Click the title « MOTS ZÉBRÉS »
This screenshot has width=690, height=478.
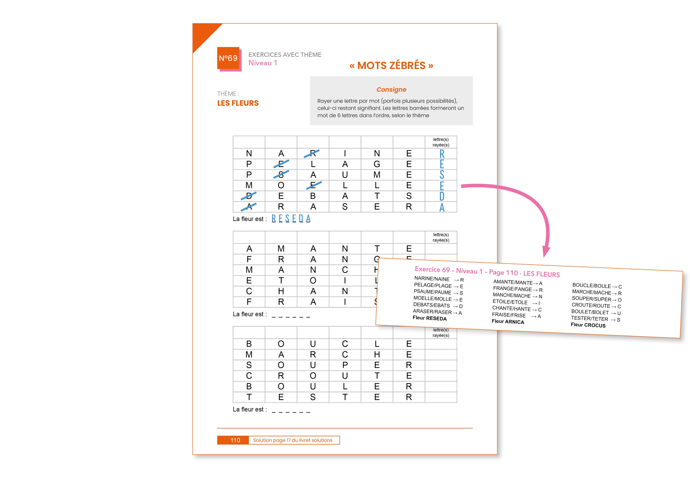point(391,66)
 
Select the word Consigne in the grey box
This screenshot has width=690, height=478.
point(391,90)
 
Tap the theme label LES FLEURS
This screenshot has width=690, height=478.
point(238,103)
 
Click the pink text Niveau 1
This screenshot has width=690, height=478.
point(262,63)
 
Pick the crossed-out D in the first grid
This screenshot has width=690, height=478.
point(249,196)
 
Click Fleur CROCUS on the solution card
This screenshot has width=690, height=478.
point(588,325)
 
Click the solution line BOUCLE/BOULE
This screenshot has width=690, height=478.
point(591,286)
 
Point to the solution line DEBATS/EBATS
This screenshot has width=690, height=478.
point(432,305)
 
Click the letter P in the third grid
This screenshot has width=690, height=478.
point(345,365)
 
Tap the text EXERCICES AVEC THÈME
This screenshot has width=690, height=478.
point(285,55)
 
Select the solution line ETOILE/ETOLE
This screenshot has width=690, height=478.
point(510,302)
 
